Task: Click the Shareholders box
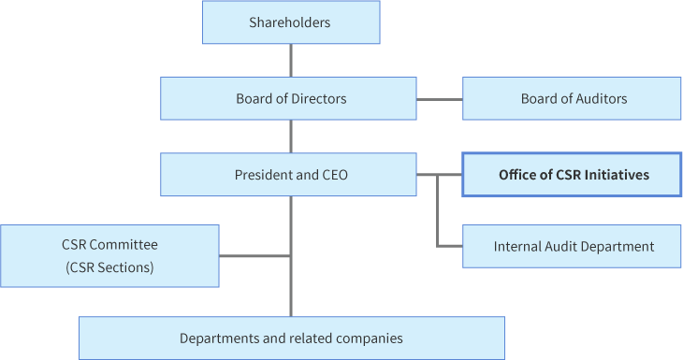point(291,22)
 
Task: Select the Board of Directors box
point(288,98)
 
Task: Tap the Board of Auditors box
point(572,98)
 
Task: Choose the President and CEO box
point(288,175)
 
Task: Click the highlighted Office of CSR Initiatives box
point(572,175)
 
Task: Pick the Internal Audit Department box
point(572,247)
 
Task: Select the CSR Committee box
point(109,255)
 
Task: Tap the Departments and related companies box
point(291,338)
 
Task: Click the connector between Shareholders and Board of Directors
point(291,61)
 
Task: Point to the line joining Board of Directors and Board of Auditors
point(439,98)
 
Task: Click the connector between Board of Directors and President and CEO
point(291,137)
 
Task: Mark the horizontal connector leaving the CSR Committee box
point(254,255)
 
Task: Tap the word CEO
point(334,175)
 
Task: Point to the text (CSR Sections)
point(109,267)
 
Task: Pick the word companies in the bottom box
point(371,338)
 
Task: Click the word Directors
point(318,98)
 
